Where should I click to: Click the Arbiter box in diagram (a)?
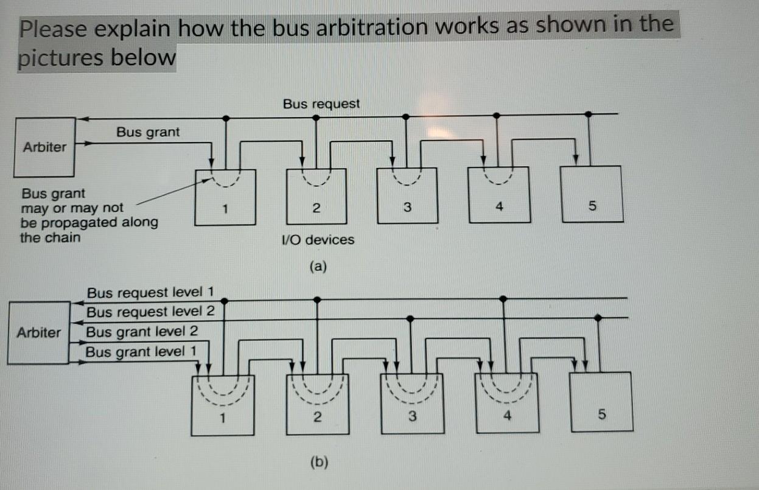point(44,146)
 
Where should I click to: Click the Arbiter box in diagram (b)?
point(38,332)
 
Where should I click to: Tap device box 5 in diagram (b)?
point(601,402)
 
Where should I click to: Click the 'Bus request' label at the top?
point(321,104)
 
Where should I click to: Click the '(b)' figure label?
point(318,463)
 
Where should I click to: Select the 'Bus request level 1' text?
point(150,293)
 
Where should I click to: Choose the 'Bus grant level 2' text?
point(142,332)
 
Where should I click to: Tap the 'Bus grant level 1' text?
point(141,352)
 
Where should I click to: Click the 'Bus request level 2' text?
point(150,312)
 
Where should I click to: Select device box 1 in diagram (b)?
point(222,405)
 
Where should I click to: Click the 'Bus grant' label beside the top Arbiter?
point(148,132)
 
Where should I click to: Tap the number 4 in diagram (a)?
point(498,208)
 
